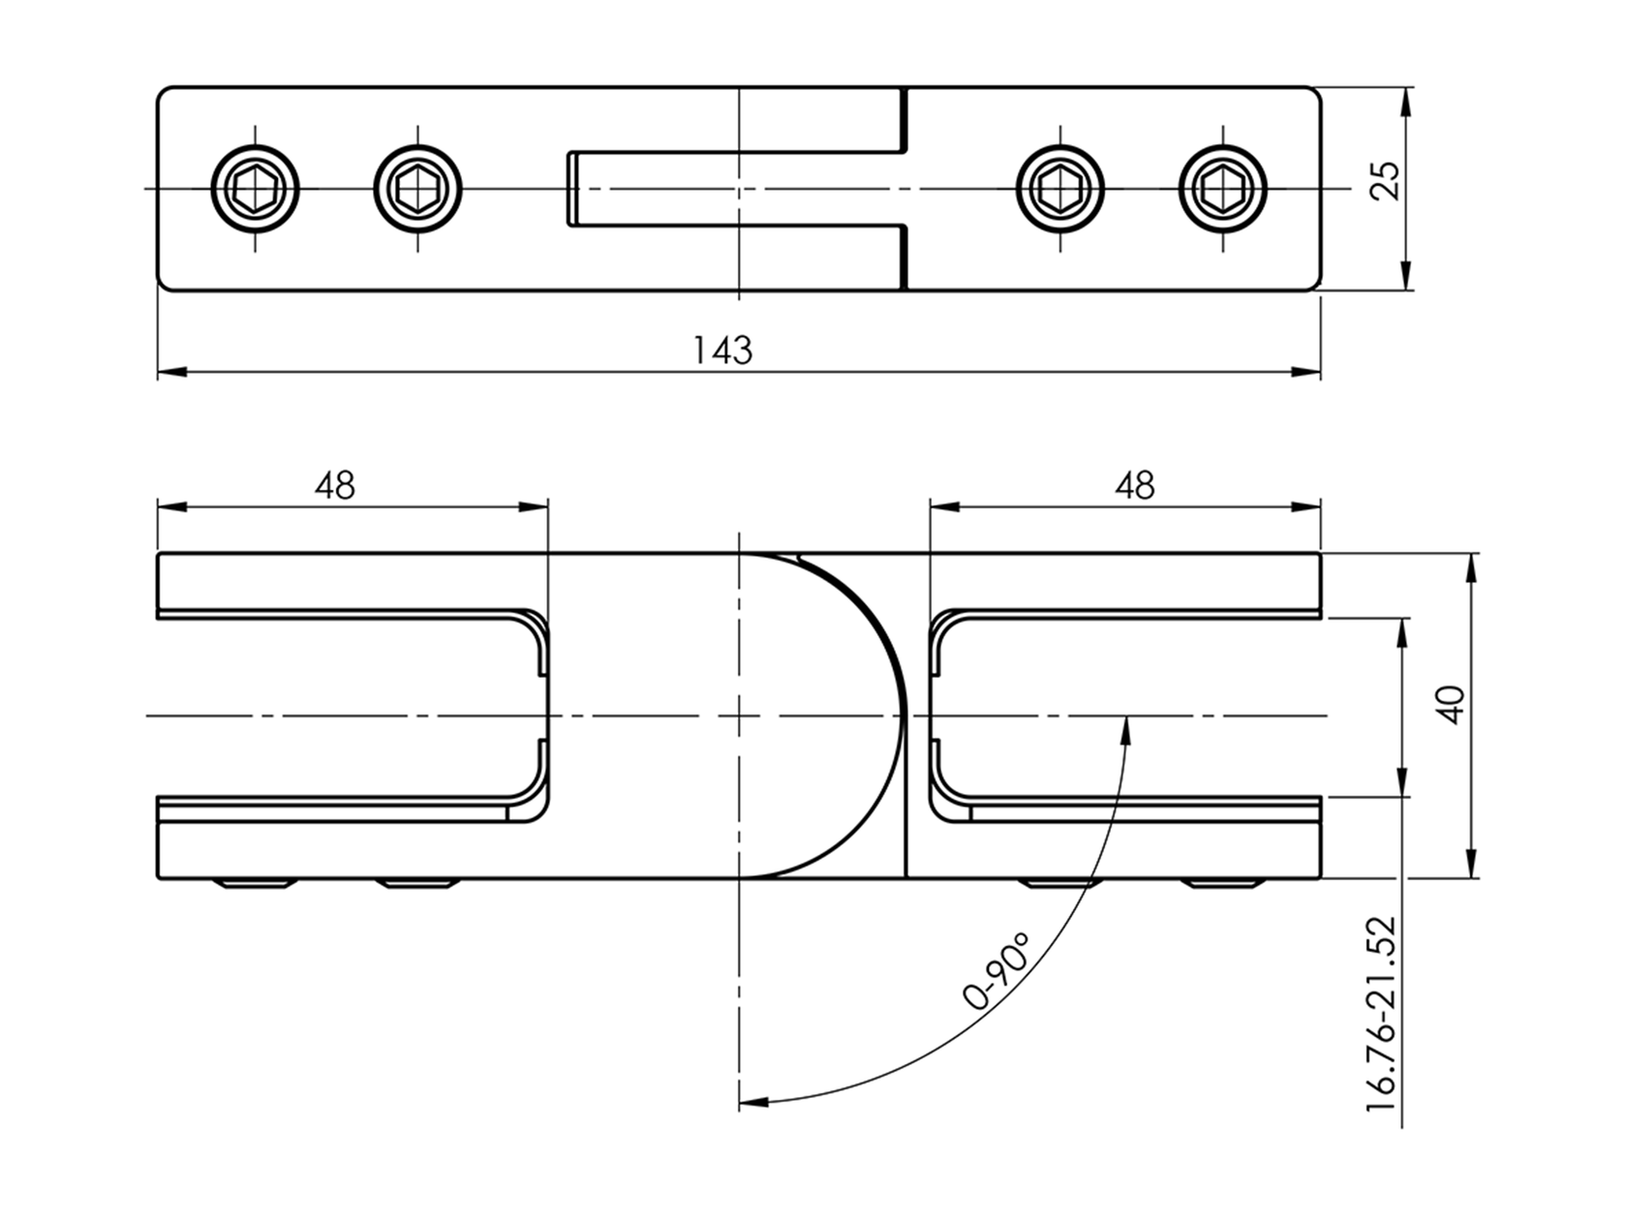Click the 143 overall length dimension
point(722,350)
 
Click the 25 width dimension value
point(1386,181)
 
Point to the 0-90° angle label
point(997,971)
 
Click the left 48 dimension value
point(335,485)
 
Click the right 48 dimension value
point(1134,485)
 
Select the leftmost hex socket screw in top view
point(256,188)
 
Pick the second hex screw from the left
point(418,188)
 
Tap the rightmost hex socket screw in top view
point(1223,188)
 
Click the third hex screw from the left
point(1060,188)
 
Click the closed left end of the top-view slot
point(571,189)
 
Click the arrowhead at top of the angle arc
point(1125,729)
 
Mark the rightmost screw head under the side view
point(1223,883)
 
